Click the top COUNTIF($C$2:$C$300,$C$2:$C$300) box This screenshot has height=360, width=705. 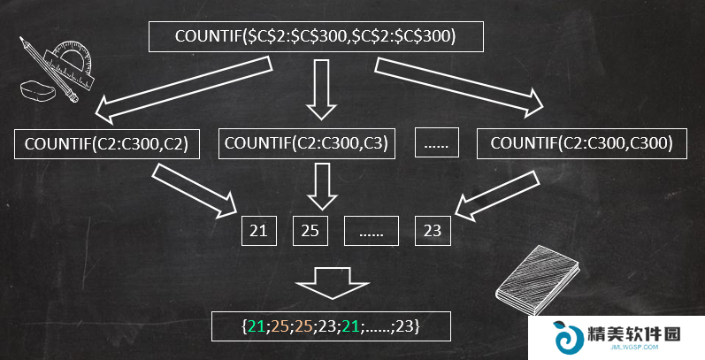pos(316,36)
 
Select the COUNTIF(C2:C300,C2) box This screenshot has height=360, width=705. pos(107,144)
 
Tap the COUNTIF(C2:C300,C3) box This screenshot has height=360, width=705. pos(307,144)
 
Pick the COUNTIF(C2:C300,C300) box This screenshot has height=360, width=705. pos(582,143)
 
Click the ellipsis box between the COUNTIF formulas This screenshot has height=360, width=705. pos(437,142)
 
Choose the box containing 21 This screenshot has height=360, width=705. pos(259,231)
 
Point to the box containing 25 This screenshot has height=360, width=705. pos(310,231)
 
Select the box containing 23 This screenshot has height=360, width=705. pos(433,231)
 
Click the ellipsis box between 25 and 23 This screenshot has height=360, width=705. pos(372,231)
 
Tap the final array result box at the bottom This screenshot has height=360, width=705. pos(331,326)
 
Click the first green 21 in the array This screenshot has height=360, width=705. pos(256,326)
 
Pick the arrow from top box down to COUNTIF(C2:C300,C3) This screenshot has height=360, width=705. pos(321,89)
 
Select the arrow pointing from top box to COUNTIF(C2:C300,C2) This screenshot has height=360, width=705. pos(183,90)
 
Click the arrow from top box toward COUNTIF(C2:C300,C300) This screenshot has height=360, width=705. pos(459,88)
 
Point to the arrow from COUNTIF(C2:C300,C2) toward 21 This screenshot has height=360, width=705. pos(195,190)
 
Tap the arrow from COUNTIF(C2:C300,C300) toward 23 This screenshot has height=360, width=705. pos(497,195)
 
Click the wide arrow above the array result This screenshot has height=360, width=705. pos(333,283)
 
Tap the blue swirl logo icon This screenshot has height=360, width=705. pos(566,337)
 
